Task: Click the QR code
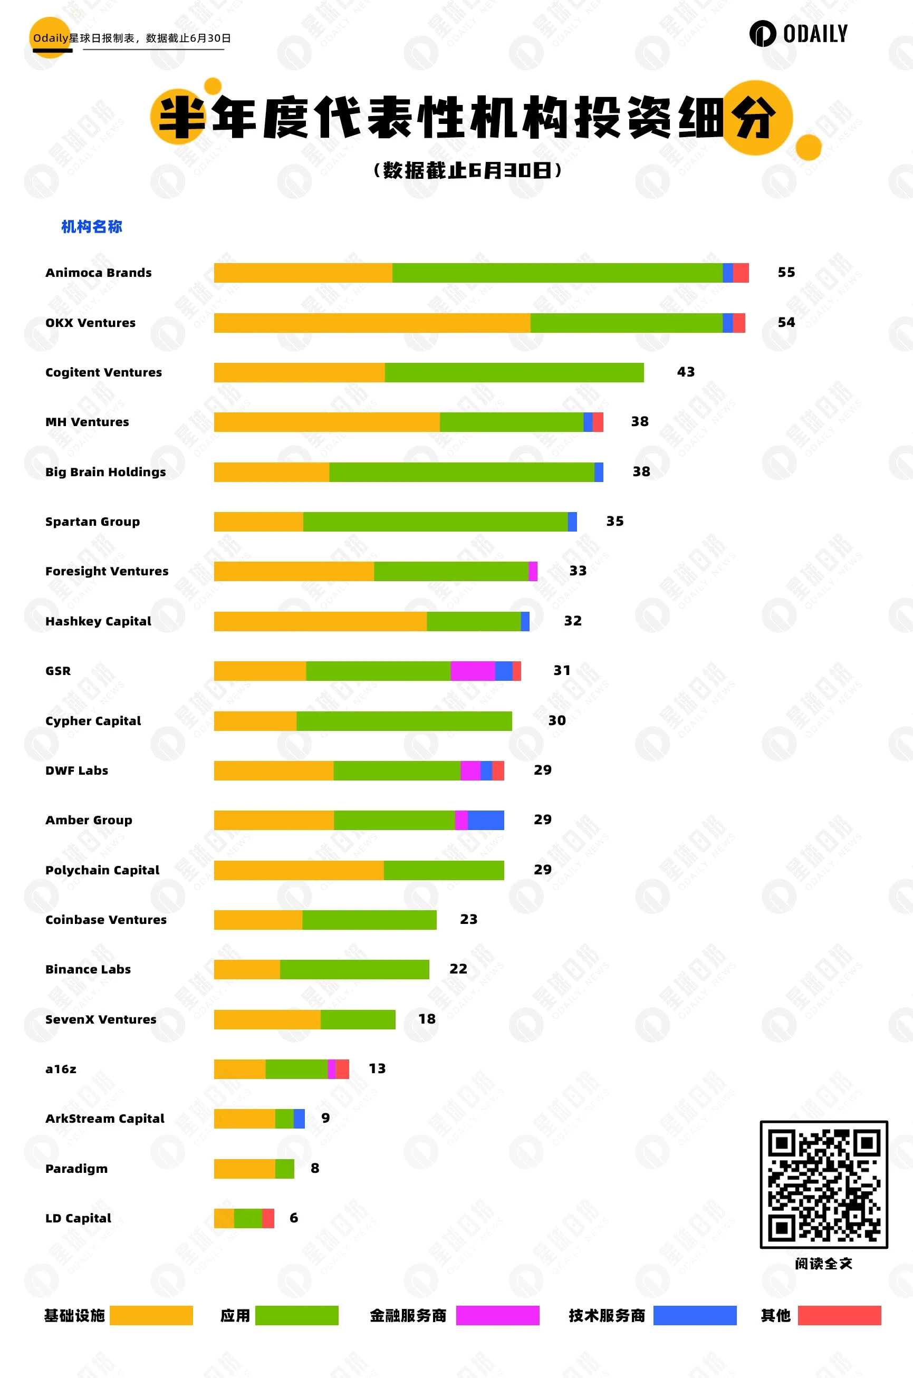[x=823, y=1184]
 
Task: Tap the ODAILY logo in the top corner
[x=799, y=34]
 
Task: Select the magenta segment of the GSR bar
[x=472, y=671]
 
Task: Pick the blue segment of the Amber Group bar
[x=486, y=820]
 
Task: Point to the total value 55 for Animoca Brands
[x=786, y=273]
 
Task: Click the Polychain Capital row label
[x=102, y=870]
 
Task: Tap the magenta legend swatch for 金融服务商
[x=497, y=1315]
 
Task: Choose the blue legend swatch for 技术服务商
[x=695, y=1315]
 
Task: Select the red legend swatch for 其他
[x=839, y=1315]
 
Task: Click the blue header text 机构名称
[x=92, y=226]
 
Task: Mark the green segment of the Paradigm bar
[x=285, y=1169]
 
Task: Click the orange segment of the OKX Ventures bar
[x=372, y=323]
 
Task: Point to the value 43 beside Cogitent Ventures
[x=685, y=372]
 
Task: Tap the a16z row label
[x=61, y=1069]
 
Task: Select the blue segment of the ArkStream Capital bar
[x=299, y=1119]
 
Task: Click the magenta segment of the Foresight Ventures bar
[x=533, y=571]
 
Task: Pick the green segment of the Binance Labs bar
[x=354, y=969]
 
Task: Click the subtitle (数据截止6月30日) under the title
[x=467, y=170]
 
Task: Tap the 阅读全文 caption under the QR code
[x=823, y=1264]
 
